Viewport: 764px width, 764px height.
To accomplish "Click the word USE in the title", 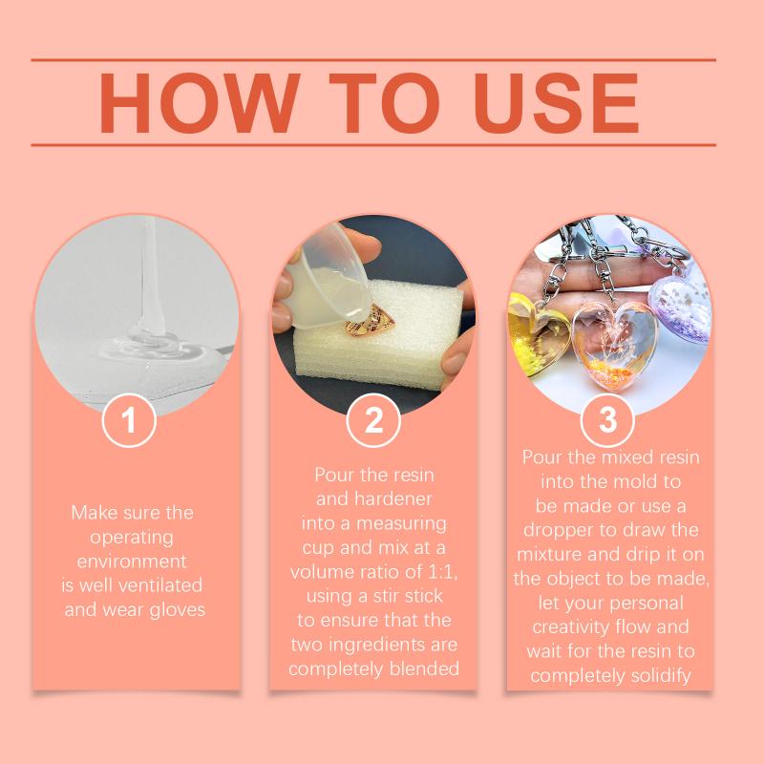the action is pyautogui.click(x=556, y=103).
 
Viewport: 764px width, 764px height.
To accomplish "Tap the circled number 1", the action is pyautogui.click(x=129, y=420).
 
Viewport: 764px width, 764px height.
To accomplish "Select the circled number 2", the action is pyautogui.click(x=373, y=420).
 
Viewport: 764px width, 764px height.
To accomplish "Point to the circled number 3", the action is pyautogui.click(x=607, y=420).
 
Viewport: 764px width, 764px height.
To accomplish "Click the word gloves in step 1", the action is pyautogui.click(x=178, y=610).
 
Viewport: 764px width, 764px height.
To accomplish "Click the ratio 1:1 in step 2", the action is pyautogui.click(x=441, y=571).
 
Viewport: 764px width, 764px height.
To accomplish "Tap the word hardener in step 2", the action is pyautogui.click(x=393, y=499).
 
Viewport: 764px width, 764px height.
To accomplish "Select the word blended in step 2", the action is pyautogui.click(x=424, y=668).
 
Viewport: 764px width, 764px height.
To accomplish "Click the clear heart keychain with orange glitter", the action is pyautogui.click(x=615, y=346).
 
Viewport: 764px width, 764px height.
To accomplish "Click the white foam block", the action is pyautogui.click(x=380, y=336).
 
